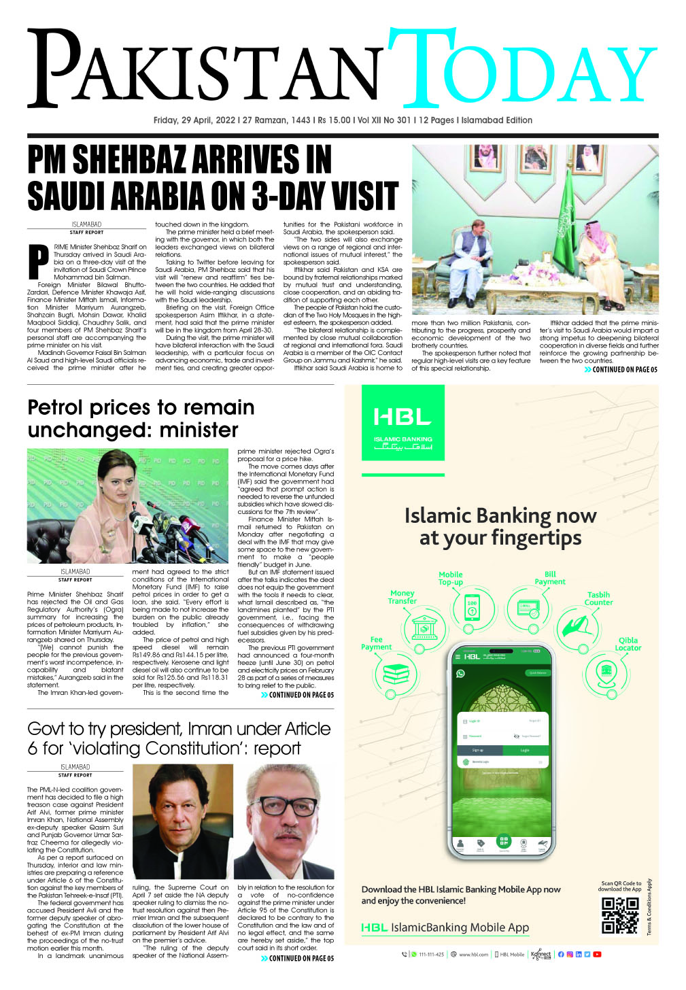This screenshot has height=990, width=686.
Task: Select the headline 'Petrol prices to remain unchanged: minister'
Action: pyautogui.click(x=141, y=419)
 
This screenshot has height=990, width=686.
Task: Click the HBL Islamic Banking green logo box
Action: pyautogui.click(x=402, y=423)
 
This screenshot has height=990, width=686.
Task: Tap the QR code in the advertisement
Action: pyautogui.click(x=620, y=915)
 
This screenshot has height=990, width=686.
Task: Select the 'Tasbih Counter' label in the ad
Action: pyautogui.click(x=598, y=598)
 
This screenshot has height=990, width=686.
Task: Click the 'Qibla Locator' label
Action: pyautogui.click(x=628, y=644)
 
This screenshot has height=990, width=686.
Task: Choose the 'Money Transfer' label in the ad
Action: pyautogui.click(x=402, y=597)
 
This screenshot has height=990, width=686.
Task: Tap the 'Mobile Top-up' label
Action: pyautogui.click(x=451, y=579)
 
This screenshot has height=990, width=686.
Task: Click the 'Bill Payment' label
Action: pyautogui.click(x=550, y=578)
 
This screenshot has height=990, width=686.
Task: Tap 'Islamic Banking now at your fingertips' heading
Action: pyautogui.click(x=500, y=527)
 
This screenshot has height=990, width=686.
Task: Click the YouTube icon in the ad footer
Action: pyautogui.click(x=597, y=955)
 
